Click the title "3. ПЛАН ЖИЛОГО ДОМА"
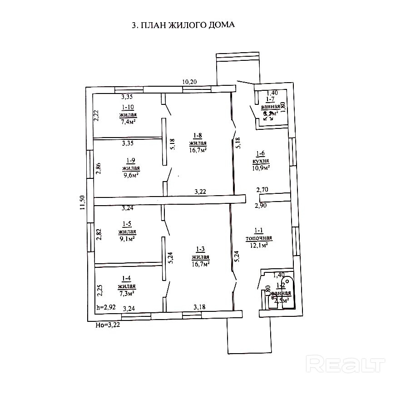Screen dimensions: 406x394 pyautogui.click(x=183, y=25)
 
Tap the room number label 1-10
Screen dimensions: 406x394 pyautogui.click(x=128, y=107)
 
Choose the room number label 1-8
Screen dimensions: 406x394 pyautogui.click(x=198, y=135)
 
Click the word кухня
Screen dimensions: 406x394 pyautogui.click(x=262, y=161)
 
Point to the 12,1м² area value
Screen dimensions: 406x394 pyautogui.click(x=259, y=245)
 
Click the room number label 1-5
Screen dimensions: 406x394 pyautogui.click(x=127, y=223)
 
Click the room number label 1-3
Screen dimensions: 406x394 pyautogui.click(x=200, y=248)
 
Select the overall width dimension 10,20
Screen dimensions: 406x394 pyautogui.click(x=190, y=82)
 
